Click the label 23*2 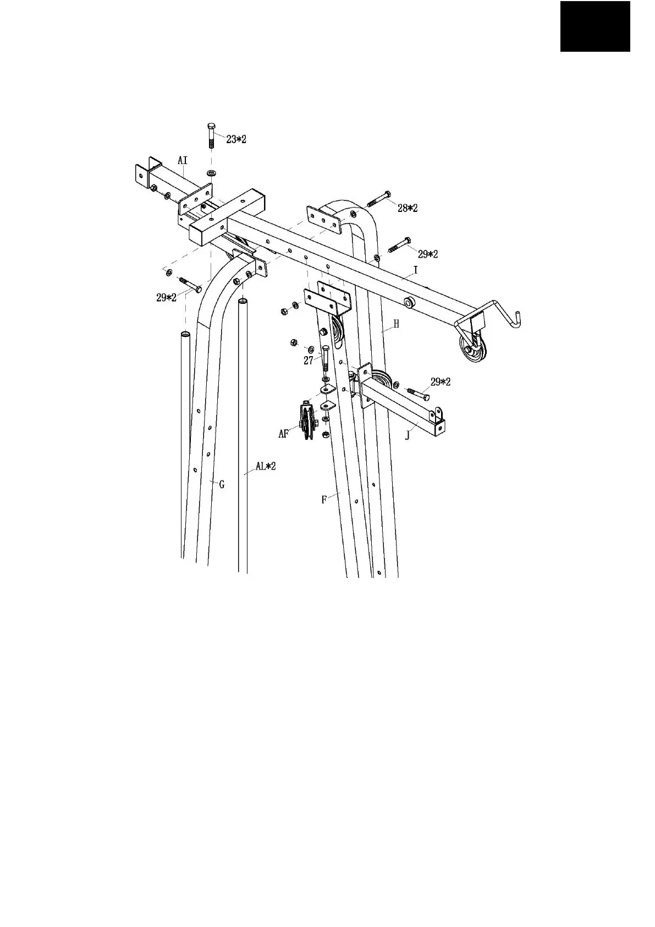(x=236, y=139)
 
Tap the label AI (x=183, y=160)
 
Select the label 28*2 (x=408, y=208)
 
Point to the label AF (x=284, y=434)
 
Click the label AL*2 (x=265, y=466)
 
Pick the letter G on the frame (x=222, y=484)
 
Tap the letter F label (x=324, y=500)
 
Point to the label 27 (x=309, y=361)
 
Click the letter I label (x=416, y=270)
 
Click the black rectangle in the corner (x=595, y=26)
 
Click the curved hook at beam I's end (x=503, y=314)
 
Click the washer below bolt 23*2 (x=212, y=173)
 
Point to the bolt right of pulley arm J (x=418, y=394)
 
